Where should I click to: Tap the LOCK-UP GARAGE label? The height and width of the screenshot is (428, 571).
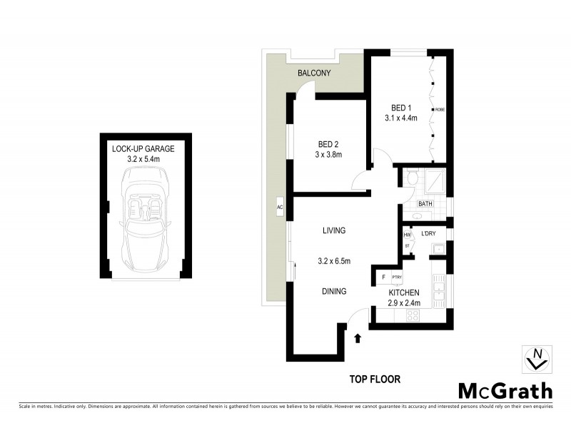(x=143, y=149)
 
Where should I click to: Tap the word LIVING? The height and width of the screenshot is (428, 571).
(x=333, y=230)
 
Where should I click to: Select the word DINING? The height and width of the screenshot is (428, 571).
(x=333, y=291)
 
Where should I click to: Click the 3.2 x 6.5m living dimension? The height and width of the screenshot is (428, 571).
(x=333, y=261)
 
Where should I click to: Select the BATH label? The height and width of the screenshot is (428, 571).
(x=425, y=204)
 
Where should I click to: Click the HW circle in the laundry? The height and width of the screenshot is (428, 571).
(x=408, y=234)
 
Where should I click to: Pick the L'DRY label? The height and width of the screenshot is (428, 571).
(x=429, y=234)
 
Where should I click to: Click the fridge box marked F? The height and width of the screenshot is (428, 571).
(x=383, y=277)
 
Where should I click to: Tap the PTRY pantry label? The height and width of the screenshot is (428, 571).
(x=397, y=277)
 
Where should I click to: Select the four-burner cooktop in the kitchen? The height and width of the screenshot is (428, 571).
(x=412, y=315)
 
